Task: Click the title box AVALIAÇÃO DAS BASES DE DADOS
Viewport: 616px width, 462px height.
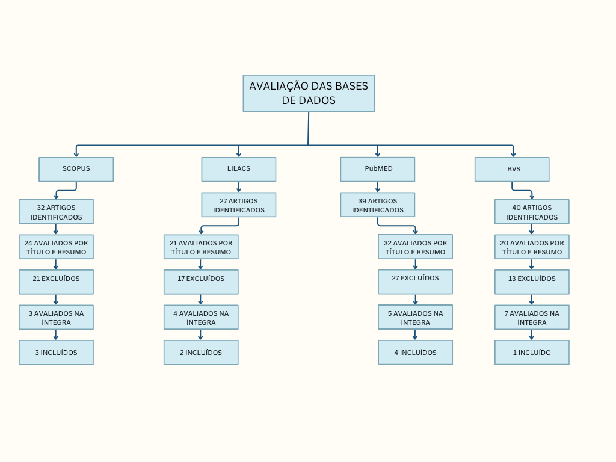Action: point(309,93)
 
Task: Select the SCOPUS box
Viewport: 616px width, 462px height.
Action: point(76,169)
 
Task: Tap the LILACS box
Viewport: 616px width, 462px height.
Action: point(239,169)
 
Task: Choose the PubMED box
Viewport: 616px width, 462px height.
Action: point(378,169)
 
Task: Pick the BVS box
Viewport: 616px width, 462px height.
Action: point(512,169)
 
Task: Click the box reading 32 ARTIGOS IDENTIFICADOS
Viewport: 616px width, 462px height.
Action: point(56,212)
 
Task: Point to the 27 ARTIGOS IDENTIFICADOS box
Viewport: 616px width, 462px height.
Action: point(239,205)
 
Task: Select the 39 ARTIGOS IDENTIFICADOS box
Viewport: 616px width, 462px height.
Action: point(378,205)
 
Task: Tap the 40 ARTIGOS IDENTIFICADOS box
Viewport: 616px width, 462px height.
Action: point(532,212)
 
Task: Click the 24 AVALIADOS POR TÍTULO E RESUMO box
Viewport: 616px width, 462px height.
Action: point(56,247)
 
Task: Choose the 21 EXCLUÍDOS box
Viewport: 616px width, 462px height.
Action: point(56,282)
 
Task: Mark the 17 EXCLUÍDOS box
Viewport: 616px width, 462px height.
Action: point(201,282)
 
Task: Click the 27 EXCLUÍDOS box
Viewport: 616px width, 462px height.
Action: point(415,282)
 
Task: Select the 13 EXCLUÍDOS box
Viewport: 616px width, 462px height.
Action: point(532,282)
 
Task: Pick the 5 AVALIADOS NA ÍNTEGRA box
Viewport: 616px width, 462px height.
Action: point(415,317)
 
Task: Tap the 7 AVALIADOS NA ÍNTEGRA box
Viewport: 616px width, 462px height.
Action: point(532,317)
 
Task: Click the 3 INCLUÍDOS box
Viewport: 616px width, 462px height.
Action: point(56,353)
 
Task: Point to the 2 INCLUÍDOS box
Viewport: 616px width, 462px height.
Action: point(201,353)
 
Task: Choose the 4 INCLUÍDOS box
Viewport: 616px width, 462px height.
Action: point(415,353)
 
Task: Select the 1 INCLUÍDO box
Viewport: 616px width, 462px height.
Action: point(532,353)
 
